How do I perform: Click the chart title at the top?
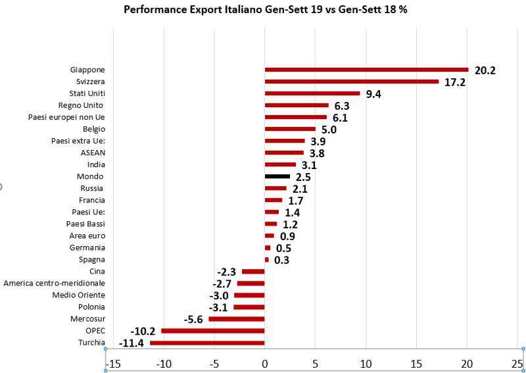[x=265, y=11]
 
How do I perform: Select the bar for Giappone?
[x=366, y=70]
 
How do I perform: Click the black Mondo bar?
[x=277, y=176]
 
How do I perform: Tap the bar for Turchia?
[x=207, y=343]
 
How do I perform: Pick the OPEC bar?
[x=212, y=331]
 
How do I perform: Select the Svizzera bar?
[x=351, y=82]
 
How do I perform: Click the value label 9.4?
[x=373, y=94]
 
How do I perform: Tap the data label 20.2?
[x=485, y=70]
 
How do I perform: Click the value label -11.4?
[x=131, y=343]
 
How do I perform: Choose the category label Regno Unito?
[x=82, y=105]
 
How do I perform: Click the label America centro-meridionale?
[x=54, y=283]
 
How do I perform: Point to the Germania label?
[x=87, y=247]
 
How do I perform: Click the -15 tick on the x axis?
[x=113, y=363]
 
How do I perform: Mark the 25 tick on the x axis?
[x=517, y=363]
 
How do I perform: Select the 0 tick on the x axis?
[x=264, y=363]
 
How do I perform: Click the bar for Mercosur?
[x=236, y=319]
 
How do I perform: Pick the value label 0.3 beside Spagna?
[x=281, y=260]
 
